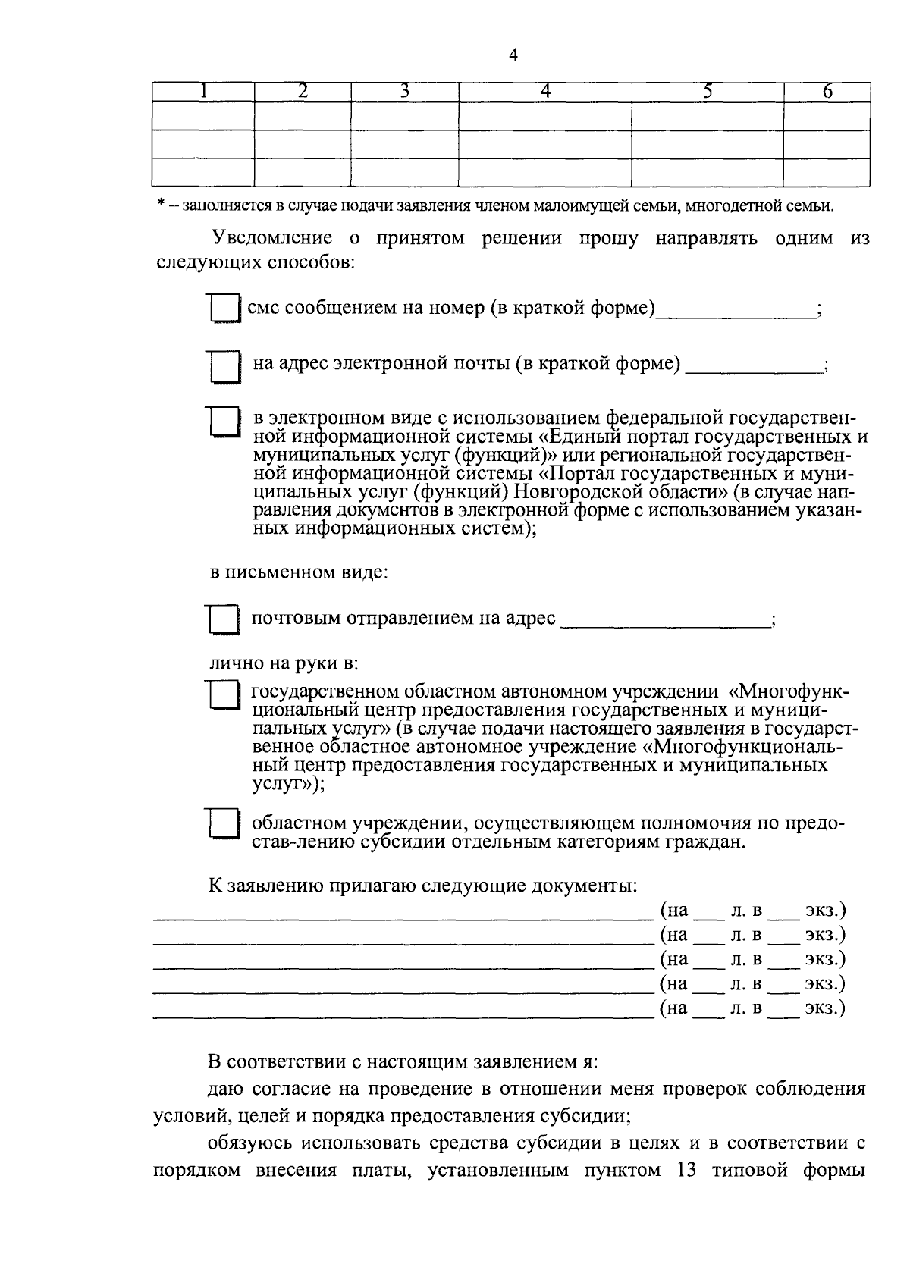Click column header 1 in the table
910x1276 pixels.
(x=202, y=92)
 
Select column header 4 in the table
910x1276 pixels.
(x=544, y=92)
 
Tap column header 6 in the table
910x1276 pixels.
(x=827, y=92)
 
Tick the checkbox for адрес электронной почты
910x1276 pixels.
(x=224, y=366)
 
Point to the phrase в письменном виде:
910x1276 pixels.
(x=299, y=572)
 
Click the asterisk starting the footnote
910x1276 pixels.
(x=160, y=206)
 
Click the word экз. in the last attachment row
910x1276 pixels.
(x=824, y=1008)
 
